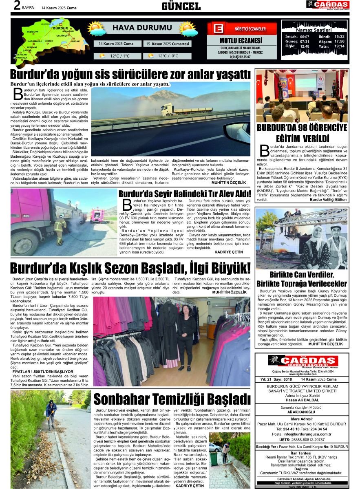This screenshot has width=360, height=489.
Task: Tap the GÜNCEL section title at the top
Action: (x=181, y=6)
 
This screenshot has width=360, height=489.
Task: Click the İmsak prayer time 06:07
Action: (x=305, y=36)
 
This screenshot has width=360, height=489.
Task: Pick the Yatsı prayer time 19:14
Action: (x=339, y=46)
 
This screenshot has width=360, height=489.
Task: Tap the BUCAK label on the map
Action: (x=75, y=41)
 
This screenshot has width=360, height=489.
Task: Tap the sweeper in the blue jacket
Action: (x=51, y=412)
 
